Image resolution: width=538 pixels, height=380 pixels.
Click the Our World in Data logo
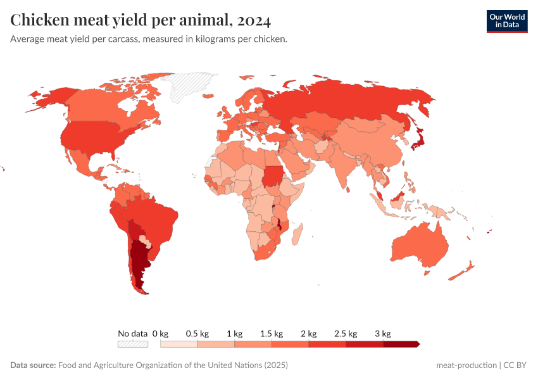[506, 21]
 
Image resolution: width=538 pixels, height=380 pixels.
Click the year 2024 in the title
[254, 20]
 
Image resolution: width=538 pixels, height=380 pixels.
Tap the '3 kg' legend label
[382, 333]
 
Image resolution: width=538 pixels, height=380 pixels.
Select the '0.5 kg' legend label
[197, 333]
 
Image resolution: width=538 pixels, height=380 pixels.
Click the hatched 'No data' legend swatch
[132, 344]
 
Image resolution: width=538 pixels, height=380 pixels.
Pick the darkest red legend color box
[400, 344]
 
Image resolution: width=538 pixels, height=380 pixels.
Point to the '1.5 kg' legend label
[271, 333]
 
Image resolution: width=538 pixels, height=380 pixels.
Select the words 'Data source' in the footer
[33, 365]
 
